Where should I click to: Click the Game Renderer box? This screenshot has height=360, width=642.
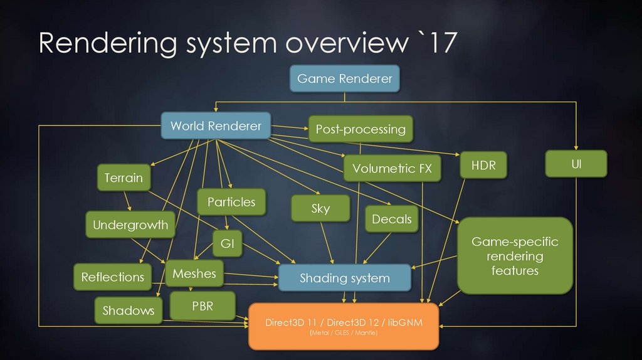tap(344, 79)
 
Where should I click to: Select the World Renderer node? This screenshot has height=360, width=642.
tap(216, 126)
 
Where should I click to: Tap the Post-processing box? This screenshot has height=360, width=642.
tap(360, 130)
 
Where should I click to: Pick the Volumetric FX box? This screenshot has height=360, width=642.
tap(392, 168)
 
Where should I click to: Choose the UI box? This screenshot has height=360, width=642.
tap(576, 164)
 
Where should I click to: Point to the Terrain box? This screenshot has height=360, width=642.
tap(124, 177)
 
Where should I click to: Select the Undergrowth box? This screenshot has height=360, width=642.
tap(130, 225)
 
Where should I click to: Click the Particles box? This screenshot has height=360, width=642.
tap(231, 202)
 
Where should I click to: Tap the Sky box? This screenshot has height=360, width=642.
tap(320, 209)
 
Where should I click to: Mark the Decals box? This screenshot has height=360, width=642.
tap(392, 220)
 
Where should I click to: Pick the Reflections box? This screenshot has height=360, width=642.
tap(113, 277)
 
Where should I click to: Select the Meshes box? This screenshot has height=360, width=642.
tap(194, 273)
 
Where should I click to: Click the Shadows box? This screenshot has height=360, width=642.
tap(129, 310)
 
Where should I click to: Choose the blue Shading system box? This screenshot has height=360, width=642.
tap(345, 278)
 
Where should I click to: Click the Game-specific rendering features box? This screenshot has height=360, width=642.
tap(515, 256)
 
